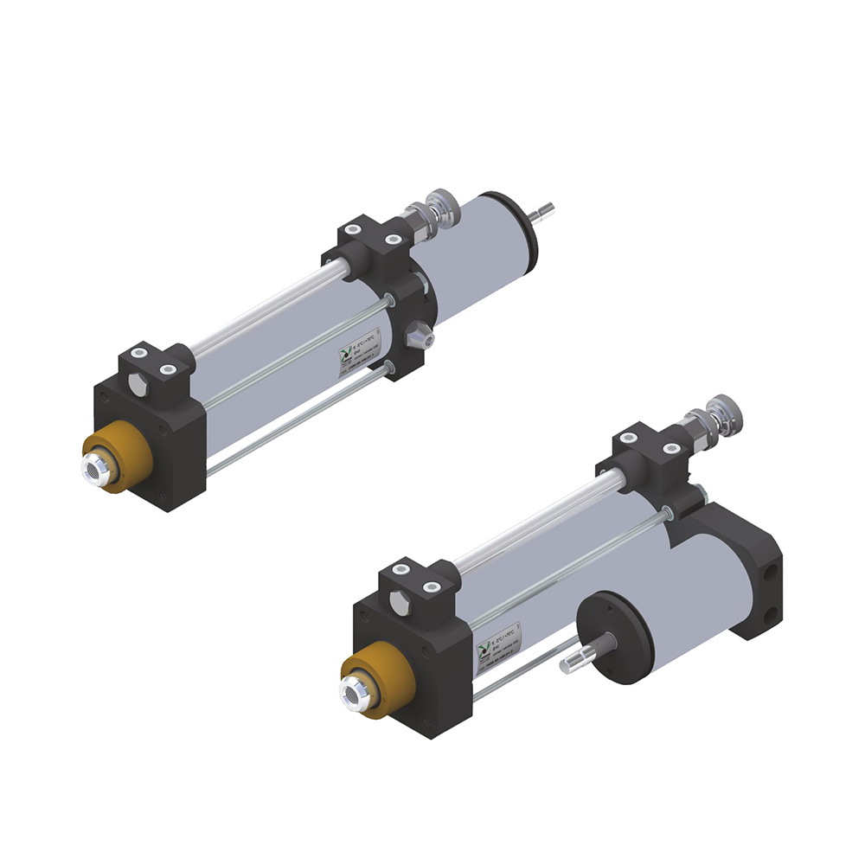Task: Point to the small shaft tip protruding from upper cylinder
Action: pyautogui.click(x=546, y=209)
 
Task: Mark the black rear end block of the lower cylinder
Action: pyautogui.click(x=748, y=571)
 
